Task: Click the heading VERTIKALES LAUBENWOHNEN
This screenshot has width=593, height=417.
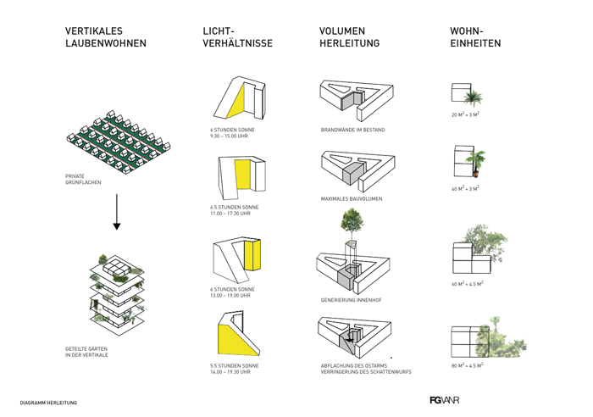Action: pos(105,37)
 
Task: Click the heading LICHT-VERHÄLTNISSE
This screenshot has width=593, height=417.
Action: pos(237,37)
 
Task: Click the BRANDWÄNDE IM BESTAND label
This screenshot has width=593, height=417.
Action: pos(354,130)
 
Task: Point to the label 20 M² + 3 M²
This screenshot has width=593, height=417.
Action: pos(466,114)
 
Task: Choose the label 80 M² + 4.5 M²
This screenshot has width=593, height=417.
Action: pos(467,365)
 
